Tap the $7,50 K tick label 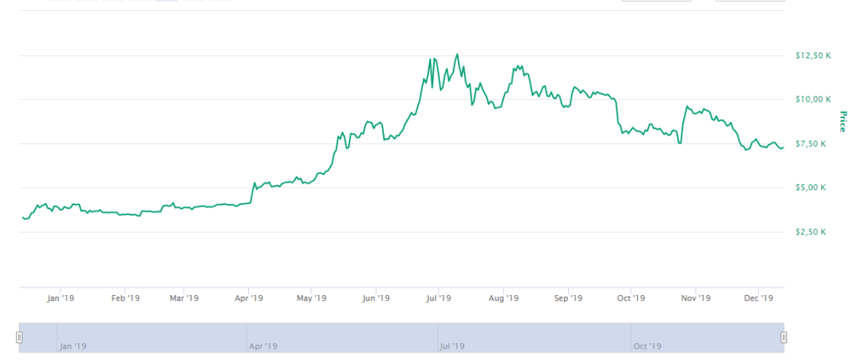pos(810,144)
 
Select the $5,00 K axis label pos(810,188)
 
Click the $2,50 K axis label pos(810,232)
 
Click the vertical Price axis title pos(842,122)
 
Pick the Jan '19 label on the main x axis pos(61,297)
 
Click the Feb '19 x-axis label pos(125,297)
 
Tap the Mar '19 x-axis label pos(183,297)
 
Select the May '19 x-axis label pos(311,297)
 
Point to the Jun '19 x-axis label pos(376,297)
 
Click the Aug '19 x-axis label pos(503,297)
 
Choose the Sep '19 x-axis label pos(567,297)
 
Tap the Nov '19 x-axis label pos(695,297)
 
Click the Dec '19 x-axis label pos(758,297)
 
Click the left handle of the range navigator pos(19,337)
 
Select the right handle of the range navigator pos(784,337)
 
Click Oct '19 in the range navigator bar pos(647,346)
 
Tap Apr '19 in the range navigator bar pos(263,346)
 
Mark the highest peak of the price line pos(456,54)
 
